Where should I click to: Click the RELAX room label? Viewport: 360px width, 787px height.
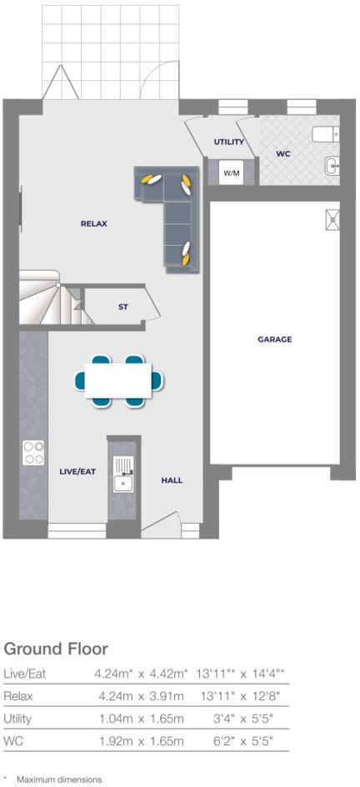click(x=94, y=223)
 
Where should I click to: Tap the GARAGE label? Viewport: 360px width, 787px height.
click(x=274, y=339)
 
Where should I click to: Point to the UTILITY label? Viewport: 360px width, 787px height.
click(x=228, y=143)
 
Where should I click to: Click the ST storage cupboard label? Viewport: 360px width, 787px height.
click(x=123, y=308)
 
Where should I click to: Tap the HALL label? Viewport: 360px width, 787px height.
click(x=172, y=480)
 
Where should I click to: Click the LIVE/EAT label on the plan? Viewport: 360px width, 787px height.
click(x=77, y=471)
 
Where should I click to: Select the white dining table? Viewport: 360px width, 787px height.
click(x=118, y=380)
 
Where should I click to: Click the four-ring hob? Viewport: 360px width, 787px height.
click(x=34, y=452)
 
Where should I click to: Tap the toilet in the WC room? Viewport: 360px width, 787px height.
click(x=323, y=134)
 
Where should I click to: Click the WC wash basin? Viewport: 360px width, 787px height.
click(x=334, y=165)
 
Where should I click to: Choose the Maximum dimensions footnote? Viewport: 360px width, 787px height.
click(x=58, y=779)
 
